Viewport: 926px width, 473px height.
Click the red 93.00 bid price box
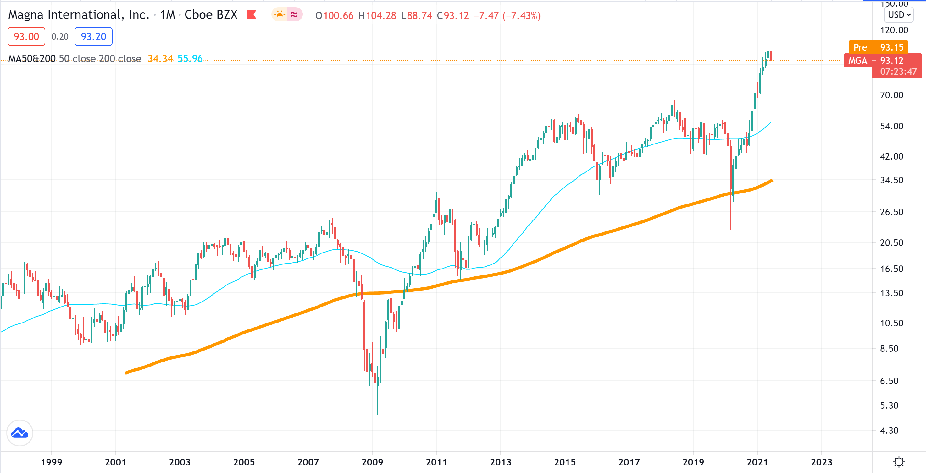pos(26,36)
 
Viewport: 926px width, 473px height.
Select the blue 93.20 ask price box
pos(93,36)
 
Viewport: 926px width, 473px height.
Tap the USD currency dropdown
pos(898,15)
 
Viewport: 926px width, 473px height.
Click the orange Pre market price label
pos(860,47)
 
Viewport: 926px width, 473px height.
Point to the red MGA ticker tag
pos(857,61)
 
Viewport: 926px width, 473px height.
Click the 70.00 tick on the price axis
pos(891,95)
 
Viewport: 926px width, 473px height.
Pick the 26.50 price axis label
pos(891,212)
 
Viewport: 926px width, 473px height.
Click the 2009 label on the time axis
pos(372,462)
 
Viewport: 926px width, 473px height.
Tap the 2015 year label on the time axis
pos(564,462)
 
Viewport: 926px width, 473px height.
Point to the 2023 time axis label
pos(821,462)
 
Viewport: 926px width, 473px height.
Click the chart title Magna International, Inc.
pos(78,15)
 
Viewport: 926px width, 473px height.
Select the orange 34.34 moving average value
pos(160,58)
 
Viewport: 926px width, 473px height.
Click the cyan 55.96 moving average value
pos(190,58)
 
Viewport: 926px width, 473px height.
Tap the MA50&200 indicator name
pos(32,58)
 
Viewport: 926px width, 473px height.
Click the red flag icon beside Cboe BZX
pos(251,15)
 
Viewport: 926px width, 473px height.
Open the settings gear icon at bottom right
pos(899,462)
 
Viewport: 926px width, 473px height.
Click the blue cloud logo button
pos(20,433)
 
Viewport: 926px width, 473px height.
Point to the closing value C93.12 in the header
pos(452,15)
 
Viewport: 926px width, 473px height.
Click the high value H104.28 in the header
pos(377,15)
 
